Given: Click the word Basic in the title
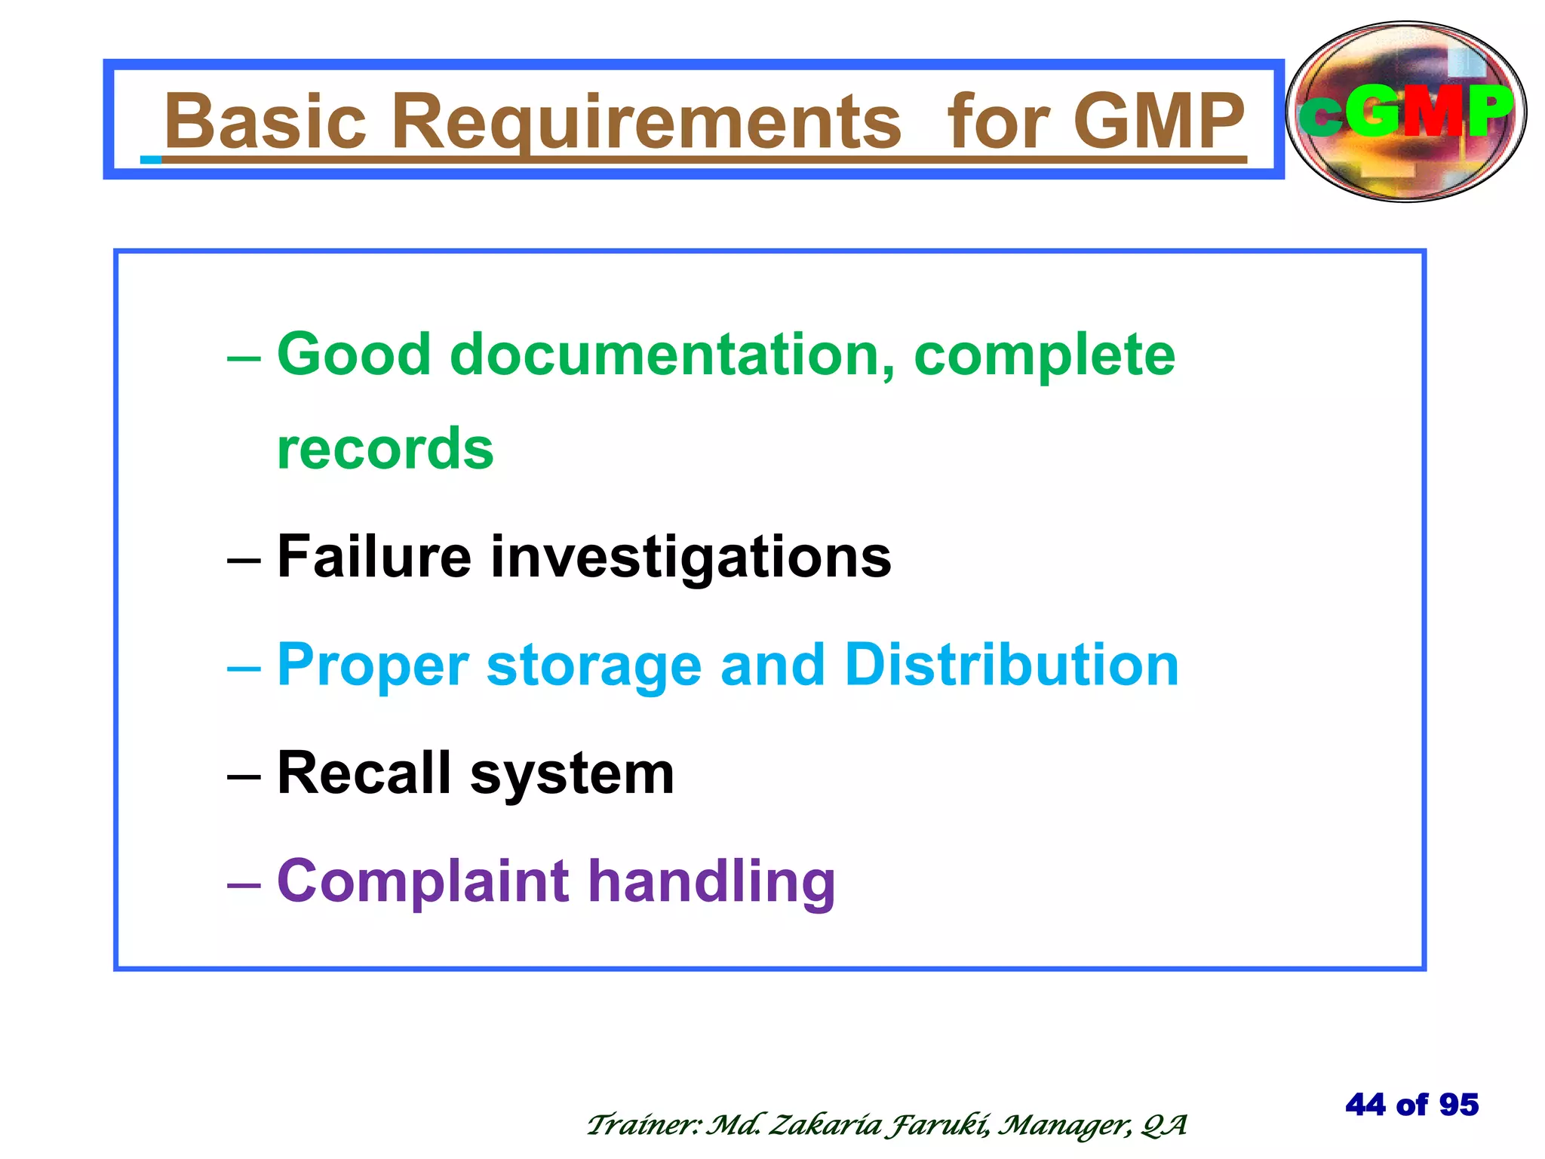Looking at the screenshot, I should (265, 121).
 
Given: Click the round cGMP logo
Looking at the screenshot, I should (1405, 112).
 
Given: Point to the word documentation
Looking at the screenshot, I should (671, 354).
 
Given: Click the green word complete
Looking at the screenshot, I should (1044, 354).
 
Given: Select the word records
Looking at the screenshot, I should (385, 448).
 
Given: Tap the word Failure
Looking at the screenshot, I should (374, 556).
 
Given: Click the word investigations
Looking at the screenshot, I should (691, 556).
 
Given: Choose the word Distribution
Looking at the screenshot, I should (1011, 665).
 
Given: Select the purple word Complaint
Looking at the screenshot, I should (422, 881).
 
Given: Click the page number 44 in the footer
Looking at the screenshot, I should (1365, 1105).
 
